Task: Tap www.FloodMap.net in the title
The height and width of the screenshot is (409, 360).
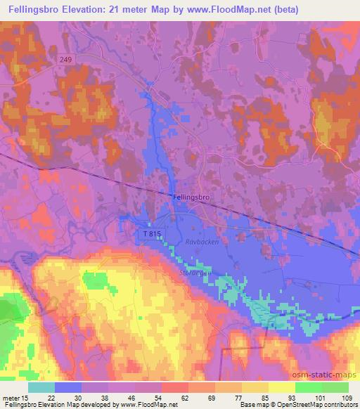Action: pyautogui.click(x=227, y=10)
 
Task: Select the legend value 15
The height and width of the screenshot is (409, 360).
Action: pyautogui.click(x=25, y=398)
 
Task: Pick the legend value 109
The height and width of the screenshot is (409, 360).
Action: pyautogui.click(x=347, y=398)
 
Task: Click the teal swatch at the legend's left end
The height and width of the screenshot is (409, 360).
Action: pyautogui.click(x=41, y=387)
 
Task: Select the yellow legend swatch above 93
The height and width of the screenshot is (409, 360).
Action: pyautogui.click(x=282, y=387)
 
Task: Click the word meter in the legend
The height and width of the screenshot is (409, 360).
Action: pyautogui.click(x=11, y=398)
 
